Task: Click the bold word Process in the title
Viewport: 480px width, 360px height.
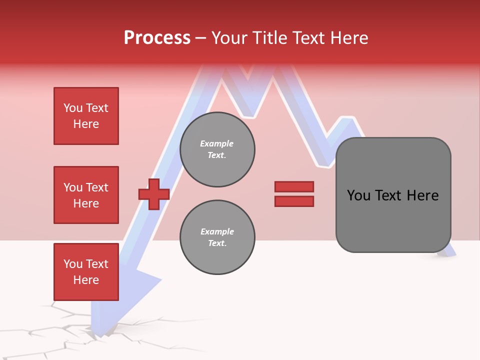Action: click(x=157, y=38)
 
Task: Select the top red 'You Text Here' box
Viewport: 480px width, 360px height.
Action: click(x=86, y=116)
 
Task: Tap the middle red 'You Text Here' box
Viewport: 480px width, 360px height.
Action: click(x=86, y=195)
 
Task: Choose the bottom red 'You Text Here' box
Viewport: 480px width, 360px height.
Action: click(x=86, y=272)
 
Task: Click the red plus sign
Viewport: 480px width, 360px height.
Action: click(x=154, y=194)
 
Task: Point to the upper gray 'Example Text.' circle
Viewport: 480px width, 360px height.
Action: click(x=217, y=149)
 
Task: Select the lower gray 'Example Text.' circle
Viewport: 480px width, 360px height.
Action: click(x=217, y=237)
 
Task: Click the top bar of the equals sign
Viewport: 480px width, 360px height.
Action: click(x=294, y=186)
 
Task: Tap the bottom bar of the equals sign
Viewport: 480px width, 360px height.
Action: click(x=294, y=201)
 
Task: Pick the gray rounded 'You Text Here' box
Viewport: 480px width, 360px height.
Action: click(x=393, y=195)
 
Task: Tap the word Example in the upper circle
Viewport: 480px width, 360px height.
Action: click(x=216, y=143)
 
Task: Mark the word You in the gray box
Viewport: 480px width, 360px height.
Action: click(x=358, y=195)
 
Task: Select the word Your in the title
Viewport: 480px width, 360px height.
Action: click(x=231, y=38)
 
